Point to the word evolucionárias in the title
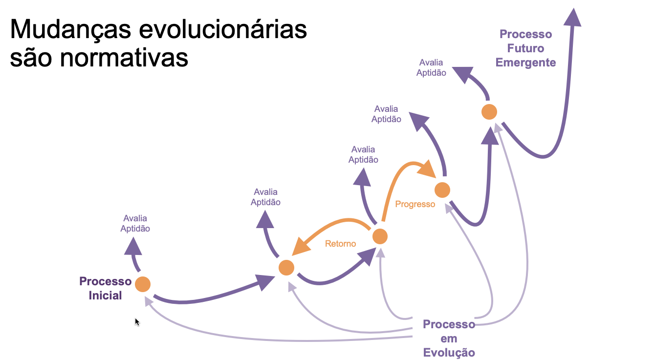tap(223, 30)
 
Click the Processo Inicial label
tap(105, 288)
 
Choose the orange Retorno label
tap(340, 244)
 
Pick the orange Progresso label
tap(415, 204)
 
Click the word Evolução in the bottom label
tap(449, 353)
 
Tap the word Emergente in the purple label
tap(525, 63)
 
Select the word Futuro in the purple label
tap(525, 48)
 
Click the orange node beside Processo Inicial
tap(142, 284)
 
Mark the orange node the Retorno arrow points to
tap(286, 268)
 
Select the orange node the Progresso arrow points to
tap(442, 190)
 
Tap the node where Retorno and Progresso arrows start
tap(380, 236)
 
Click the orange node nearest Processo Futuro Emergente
tap(489, 112)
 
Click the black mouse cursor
tap(137, 322)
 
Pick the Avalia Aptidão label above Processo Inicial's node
tap(135, 223)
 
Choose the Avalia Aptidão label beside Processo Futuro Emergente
tap(431, 68)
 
